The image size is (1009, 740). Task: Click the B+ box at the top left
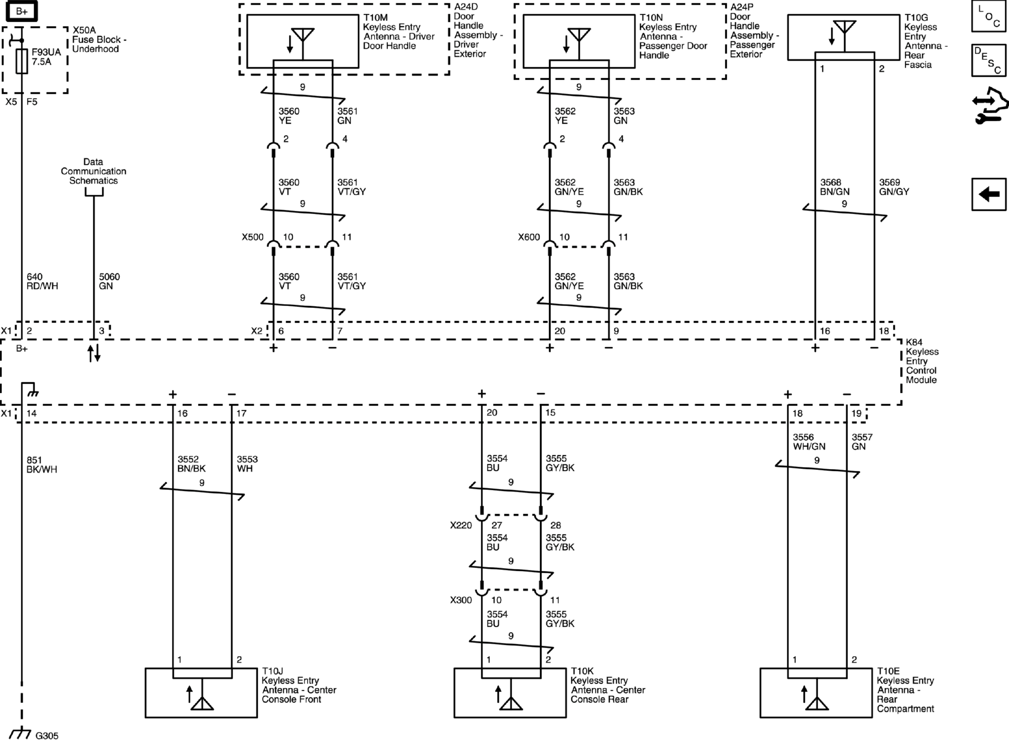click(21, 11)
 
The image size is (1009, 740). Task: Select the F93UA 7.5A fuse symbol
click(22, 61)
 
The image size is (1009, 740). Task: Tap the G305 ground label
click(47, 735)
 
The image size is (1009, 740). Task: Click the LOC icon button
click(989, 17)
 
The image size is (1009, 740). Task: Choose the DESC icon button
click(989, 60)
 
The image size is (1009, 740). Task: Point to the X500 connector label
click(252, 237)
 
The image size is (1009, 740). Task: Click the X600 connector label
click(528, 237)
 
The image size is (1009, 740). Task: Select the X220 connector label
click(460, 525)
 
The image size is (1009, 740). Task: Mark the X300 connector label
click(460, 600)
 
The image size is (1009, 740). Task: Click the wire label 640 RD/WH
click(42, 281)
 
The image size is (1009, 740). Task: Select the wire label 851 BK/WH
click(42, 465)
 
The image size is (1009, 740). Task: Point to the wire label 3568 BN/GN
click(834, 187)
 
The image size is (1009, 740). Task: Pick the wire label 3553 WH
click(247, 464)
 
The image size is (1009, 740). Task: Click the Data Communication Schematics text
click(93, 171)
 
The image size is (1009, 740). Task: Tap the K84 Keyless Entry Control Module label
click(921, 361)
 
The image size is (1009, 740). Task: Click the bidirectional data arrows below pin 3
click(94, 353)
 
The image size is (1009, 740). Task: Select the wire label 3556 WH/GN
click(809, 442)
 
